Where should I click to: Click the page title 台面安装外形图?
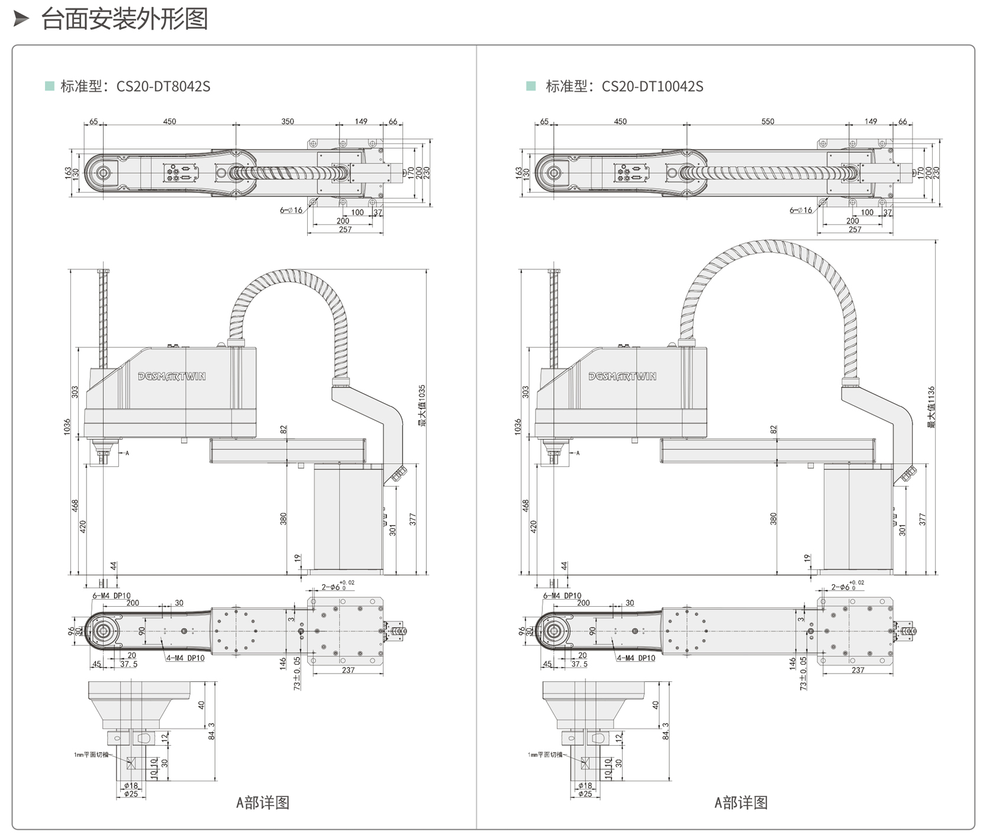(x=124, y=19)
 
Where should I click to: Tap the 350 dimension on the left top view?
(x=288, y=121)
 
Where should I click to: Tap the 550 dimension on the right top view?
(x=768, y=121)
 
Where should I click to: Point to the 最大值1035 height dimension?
(x=422, y=406)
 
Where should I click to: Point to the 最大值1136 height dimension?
(x=932, y=407)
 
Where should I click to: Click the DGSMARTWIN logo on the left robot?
(x=172, y=376)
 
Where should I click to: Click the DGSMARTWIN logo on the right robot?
(x=622, y=376)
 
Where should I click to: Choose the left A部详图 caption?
(x=263, y=803)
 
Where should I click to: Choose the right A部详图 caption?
(x=741, y=803)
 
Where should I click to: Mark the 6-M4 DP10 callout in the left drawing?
(x=111, y=595)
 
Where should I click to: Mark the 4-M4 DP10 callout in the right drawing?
(x=636, y=658)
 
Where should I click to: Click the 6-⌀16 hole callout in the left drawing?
(x=291, y=210)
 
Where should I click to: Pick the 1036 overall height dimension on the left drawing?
(x=67, y=426)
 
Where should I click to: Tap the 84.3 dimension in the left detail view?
(x=211, y=731)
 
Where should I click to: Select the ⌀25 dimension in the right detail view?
(x=585, y=794)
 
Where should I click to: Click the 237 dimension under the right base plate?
(x=858, y=670)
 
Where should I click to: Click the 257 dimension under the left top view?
(x=346, y=230)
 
